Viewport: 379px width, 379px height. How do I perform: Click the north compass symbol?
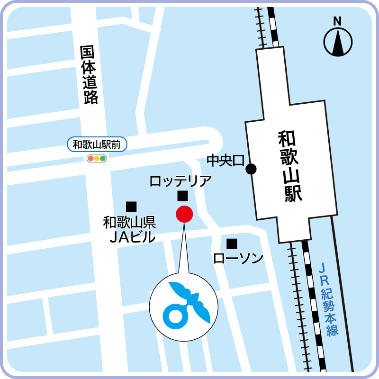(338, 42)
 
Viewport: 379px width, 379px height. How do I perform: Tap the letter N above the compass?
(337, 21)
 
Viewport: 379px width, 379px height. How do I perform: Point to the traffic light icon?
(97, 158)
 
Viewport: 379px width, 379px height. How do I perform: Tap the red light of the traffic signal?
(90, 158)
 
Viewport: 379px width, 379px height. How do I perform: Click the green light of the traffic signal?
(103, 158)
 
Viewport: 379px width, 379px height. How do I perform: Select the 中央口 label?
(226, 161)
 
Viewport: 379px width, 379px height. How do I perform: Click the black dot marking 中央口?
(251, 168)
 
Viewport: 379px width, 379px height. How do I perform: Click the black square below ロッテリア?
(182, 196)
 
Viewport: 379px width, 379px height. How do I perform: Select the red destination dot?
(184, 214)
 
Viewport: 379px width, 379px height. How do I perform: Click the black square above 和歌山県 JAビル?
(131, 207)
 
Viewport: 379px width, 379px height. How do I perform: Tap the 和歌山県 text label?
(129, 222)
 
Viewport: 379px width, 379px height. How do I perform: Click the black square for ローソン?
(232, 244)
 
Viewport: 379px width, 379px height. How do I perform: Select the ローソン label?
(238, 258)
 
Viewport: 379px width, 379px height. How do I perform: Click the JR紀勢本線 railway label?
(327, 299)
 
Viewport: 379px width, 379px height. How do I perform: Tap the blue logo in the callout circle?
(183, 307)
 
